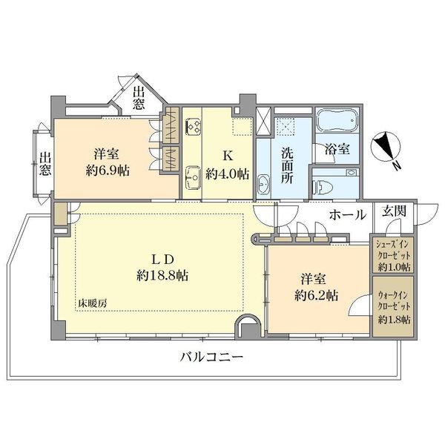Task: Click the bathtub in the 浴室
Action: coord(337,121)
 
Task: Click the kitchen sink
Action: coord(194,178)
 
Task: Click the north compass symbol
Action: coord(386,145)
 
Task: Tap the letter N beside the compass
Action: coord(398,165)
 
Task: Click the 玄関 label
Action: coord(395,211)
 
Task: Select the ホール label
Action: coord(348,215)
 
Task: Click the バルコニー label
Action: coord(211,357)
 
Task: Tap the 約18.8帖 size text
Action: coord(162,275)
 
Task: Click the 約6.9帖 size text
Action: coord(108,171)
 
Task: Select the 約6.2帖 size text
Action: coord(316,296)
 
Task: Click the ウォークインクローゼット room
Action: coord(393,307)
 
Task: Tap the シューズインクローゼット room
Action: coord(393,255)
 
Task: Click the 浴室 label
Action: coord(337,149)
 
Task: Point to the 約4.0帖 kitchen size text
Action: coord(228,174)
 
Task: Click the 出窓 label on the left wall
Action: coord(45,164)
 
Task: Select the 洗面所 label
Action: coord(287,165)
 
